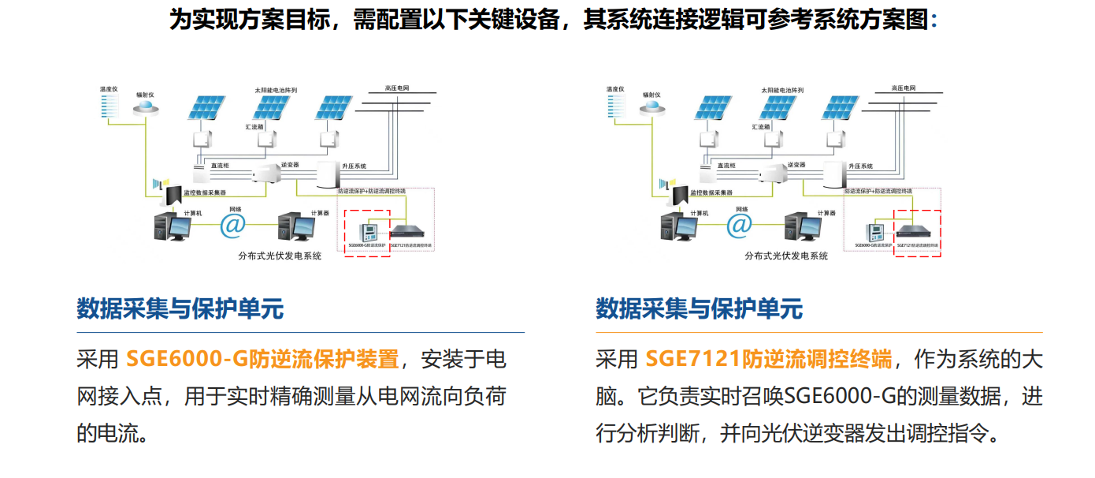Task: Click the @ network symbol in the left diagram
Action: (x=233, y=226)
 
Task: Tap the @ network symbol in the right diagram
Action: (x=740, y=226)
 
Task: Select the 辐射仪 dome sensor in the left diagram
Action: (x=146, y=110)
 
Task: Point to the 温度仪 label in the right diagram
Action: (x=614, y=89)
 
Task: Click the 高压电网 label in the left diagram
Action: (x=397, y=88)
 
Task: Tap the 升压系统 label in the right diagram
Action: (x=860, y=166)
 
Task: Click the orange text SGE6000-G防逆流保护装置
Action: (x=262, y=360)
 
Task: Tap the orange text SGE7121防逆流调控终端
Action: (x=768, y=360)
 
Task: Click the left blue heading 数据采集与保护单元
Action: (x=180, y=308)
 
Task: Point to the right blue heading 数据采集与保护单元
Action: (x=699, y=308)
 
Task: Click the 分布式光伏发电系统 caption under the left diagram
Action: (x=280, y=256)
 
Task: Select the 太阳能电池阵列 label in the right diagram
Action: (x=782, y=91)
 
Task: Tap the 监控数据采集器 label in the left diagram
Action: (x=204, y=192)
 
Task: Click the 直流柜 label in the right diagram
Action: (x=726, y=166)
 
